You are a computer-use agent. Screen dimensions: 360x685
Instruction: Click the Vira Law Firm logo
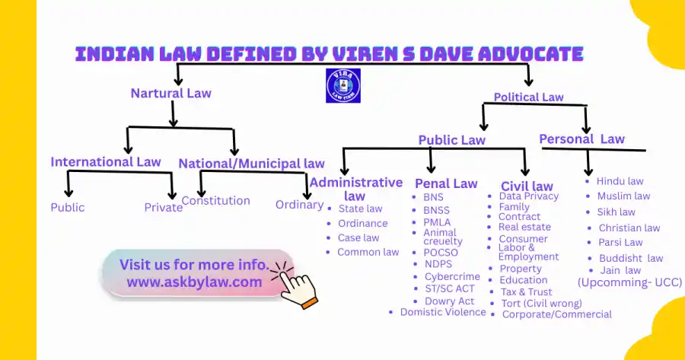point(342,85)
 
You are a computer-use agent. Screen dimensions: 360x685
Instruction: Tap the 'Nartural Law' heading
point(170,94)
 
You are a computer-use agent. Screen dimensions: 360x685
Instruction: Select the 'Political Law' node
point(528,97)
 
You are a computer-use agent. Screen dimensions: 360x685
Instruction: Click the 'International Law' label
point(106,161)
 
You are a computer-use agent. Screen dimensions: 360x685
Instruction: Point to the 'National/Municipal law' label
point(251,163)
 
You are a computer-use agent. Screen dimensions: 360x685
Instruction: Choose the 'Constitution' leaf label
point(216,201)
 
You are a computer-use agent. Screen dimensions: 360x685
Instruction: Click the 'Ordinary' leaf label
point(299,204)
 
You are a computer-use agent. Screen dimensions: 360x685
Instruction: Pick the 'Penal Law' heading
point(446,183)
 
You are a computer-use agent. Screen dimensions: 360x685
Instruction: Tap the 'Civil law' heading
point(527,186)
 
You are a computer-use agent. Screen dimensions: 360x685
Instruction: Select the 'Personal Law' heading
point(581,139)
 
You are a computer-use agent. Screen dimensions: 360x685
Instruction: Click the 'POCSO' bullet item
point(441,253)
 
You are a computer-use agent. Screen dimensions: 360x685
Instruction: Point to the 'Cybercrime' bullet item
point(453,277)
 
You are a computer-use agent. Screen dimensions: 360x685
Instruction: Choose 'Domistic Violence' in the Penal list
point(443,312)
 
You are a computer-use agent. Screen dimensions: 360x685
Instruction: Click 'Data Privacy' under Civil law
point(529,196)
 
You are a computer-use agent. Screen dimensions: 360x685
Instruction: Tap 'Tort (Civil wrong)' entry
point(541,303)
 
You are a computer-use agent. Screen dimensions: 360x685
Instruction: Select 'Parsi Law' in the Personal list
point(620,243)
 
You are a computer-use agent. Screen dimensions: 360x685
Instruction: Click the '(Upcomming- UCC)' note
point(629,282)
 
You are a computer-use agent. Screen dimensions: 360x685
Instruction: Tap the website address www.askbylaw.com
point(194,282)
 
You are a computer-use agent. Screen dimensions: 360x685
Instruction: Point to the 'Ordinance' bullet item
point(363,223)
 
